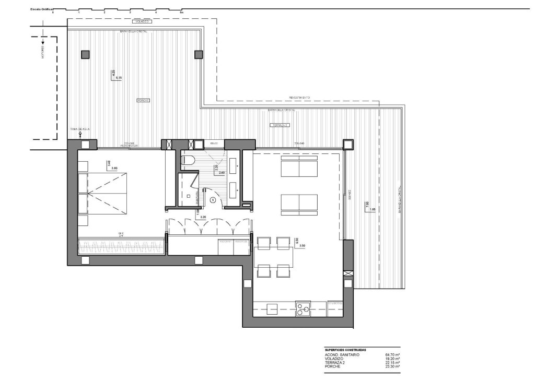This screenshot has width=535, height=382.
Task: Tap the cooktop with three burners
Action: click(x=303, y=309)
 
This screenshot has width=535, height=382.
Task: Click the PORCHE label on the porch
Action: click(x=143, y=100)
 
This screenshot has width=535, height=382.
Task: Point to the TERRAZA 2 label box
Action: click(x=280, y=126)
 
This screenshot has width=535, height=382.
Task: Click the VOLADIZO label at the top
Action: click(x=143, y=22)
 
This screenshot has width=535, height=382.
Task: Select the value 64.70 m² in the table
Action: click(x=392, y=355)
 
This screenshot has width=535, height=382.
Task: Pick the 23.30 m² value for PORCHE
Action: click(x=392, y=367)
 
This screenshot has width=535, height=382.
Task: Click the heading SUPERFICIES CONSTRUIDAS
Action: click(x=345, y=350)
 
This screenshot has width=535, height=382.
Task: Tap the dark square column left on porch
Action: click(x=86, y=54)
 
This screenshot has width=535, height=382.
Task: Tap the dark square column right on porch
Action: click(x=199, y=54)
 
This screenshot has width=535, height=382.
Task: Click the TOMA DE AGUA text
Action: click(x=80, y=128)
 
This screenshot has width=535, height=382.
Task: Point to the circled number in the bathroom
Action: click(x=213, y=199)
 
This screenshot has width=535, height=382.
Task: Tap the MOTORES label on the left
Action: click(x=43, y=52)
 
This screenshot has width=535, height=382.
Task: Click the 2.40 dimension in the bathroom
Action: click(x=221, y=173)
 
